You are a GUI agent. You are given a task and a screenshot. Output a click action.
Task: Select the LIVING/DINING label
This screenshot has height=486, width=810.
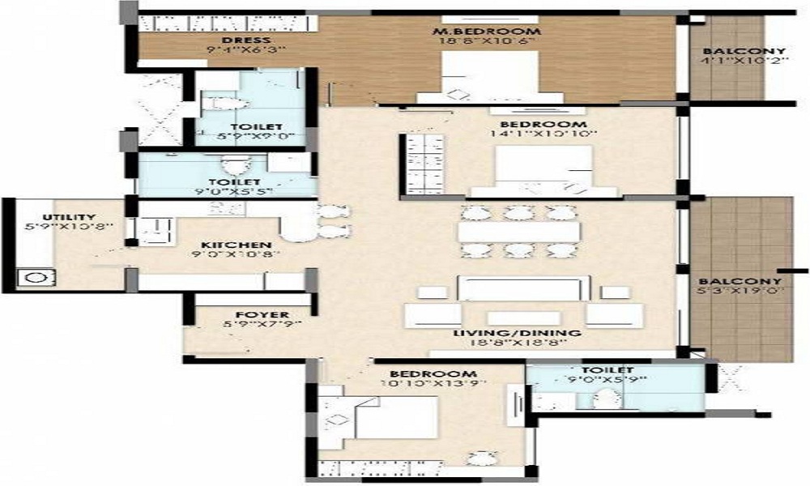[x=519, y=332]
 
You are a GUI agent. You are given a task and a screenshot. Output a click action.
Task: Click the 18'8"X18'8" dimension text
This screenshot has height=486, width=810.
[x=519, y=343]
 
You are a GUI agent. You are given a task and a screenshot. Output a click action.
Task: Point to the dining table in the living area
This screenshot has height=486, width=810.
[x=518, y=232]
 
